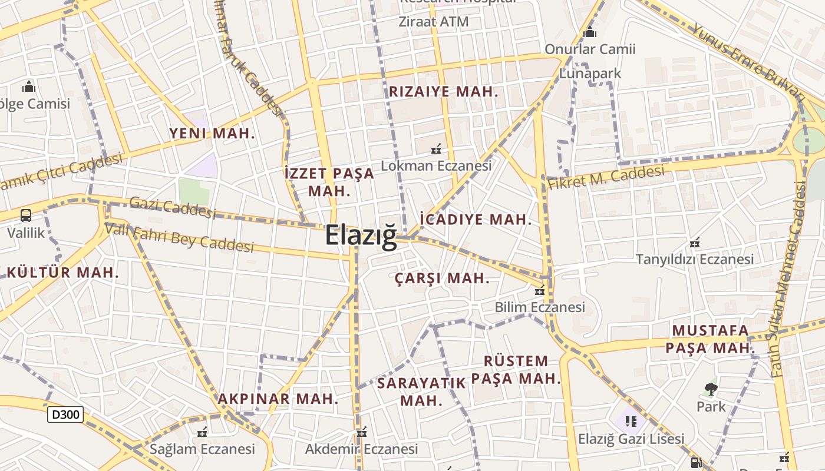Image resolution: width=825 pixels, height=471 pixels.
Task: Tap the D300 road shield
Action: click(x=65, y=414)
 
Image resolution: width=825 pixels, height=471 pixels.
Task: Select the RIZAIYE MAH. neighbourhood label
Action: click(x=444, y=92)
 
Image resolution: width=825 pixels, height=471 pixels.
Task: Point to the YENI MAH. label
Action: click(x=212, y=133)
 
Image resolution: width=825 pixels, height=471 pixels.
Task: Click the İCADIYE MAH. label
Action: click(x=476, y=220)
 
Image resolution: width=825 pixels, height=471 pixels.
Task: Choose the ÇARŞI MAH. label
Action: click(x=442, y=278)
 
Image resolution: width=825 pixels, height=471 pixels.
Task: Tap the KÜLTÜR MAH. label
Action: click(x=63, y=273)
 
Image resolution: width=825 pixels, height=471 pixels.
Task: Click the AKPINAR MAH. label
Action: click(x=278, y=399)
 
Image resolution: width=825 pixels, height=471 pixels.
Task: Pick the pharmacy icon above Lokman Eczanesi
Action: click(x=436, y=149)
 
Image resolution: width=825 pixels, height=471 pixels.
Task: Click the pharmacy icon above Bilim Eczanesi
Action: click(x=539, y=290)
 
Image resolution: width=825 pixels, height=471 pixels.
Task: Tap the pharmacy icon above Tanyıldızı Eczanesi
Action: click(x=695, y=242)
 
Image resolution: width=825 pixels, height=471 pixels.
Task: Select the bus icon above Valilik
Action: click(x=26, y=215)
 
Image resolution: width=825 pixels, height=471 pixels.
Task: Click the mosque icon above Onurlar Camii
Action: click(x=590, y=32)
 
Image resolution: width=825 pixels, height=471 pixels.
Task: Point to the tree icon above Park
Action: click(x=711, y=389)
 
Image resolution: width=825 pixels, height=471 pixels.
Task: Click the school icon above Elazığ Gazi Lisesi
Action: click(x=631, y=421)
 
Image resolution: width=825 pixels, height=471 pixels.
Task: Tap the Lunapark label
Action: click(x=590, y=74)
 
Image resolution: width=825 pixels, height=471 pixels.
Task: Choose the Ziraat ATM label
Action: click(x=434, y=22)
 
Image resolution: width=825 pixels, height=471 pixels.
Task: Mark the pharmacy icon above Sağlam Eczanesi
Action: click(x=202, y=433)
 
